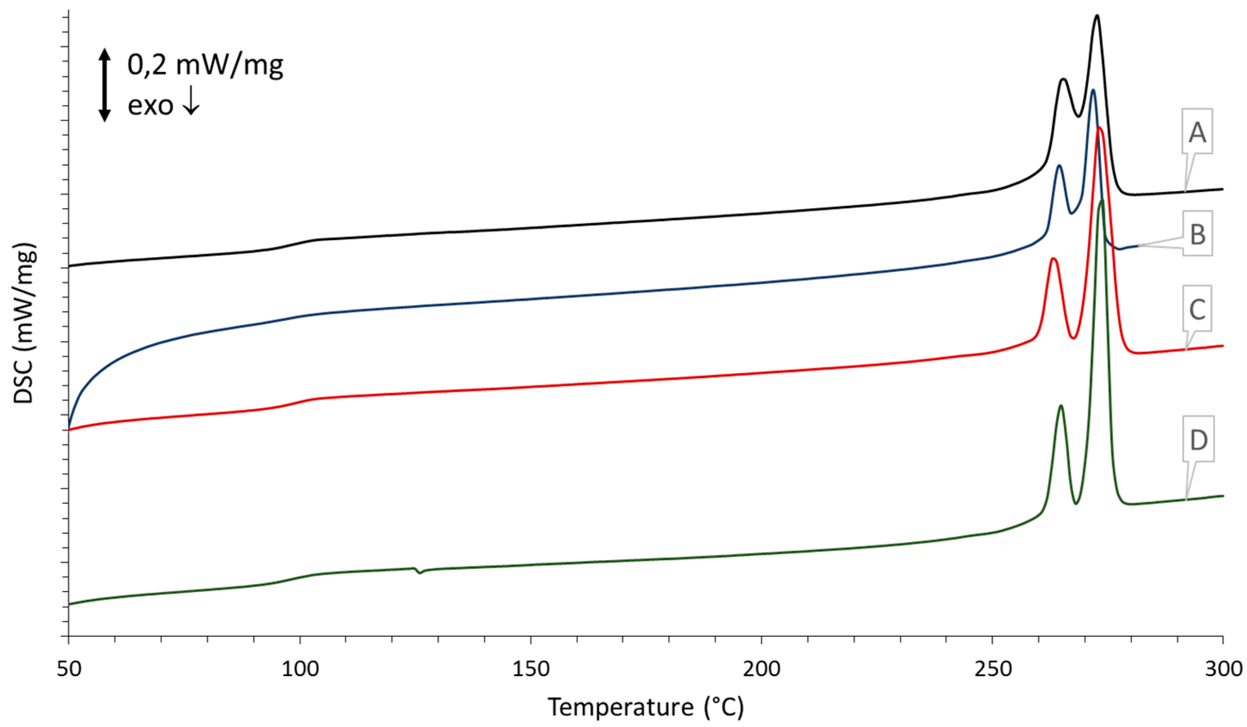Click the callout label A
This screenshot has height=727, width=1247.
1196,132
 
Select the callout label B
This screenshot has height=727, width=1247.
1197,234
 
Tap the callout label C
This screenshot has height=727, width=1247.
1196,309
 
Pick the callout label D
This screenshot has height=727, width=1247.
1198,439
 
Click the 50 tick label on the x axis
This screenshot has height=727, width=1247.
69,669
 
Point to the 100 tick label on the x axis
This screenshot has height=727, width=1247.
300,669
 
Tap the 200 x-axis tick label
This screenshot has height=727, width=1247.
762,669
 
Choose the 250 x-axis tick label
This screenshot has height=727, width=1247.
992,669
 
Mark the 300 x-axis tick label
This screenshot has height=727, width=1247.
1223,669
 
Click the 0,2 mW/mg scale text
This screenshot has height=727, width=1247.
205,64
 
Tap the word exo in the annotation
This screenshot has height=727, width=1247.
151,105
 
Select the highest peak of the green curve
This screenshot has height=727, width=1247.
1101,200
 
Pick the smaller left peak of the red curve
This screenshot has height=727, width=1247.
1053,259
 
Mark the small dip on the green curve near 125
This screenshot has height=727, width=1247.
420,573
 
